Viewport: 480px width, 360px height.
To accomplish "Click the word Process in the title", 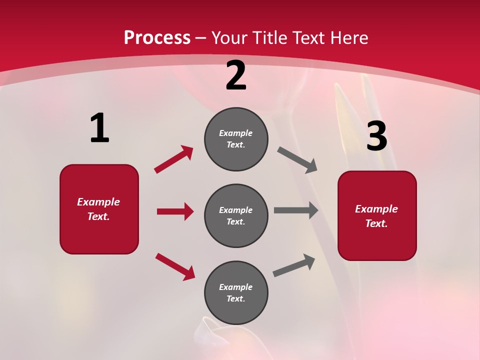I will tap(157, 38).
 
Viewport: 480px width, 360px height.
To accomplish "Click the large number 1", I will tap(99, 128).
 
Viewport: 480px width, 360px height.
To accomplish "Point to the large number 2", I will tap(236, 75).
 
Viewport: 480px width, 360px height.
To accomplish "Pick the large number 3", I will tap(376, 136).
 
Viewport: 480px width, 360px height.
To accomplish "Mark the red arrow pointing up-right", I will tap(173, 159).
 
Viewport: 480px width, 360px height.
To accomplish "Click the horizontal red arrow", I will tap(175, 211).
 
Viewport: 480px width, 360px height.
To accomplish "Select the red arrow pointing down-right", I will tap(175, 266).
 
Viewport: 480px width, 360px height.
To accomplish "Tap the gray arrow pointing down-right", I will tap(297, 160).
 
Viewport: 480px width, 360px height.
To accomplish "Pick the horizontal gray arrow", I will tap(296, 210).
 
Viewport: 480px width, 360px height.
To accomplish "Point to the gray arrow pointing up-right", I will tap(294, 265).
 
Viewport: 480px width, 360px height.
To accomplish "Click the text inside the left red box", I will tap(98, 209).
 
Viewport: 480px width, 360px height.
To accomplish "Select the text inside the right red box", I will tap(376, 216).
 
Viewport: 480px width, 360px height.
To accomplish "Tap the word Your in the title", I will tap(231, 38).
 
